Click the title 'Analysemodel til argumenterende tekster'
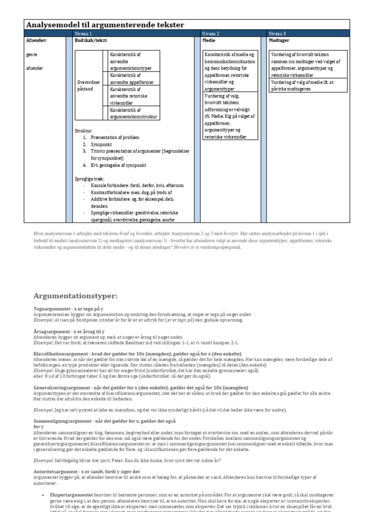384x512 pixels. coord(104,24)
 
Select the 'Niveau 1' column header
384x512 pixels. coord(83,33)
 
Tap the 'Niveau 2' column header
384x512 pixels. coord(210,33)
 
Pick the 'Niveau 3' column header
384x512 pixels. coord(277,33)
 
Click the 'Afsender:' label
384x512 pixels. coord(36,40)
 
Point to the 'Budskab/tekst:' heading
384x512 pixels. coord(90,40)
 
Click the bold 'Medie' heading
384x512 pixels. coord(208,40)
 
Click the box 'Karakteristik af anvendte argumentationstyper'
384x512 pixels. coord(131,60)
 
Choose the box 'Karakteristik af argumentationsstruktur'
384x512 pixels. coord(131,113)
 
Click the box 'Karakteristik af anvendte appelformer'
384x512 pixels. coord(131,78)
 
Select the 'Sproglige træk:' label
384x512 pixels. coord(89,178)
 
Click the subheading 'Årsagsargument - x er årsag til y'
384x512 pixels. coord(68,331)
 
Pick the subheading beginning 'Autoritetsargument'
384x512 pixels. coord(86,471)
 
